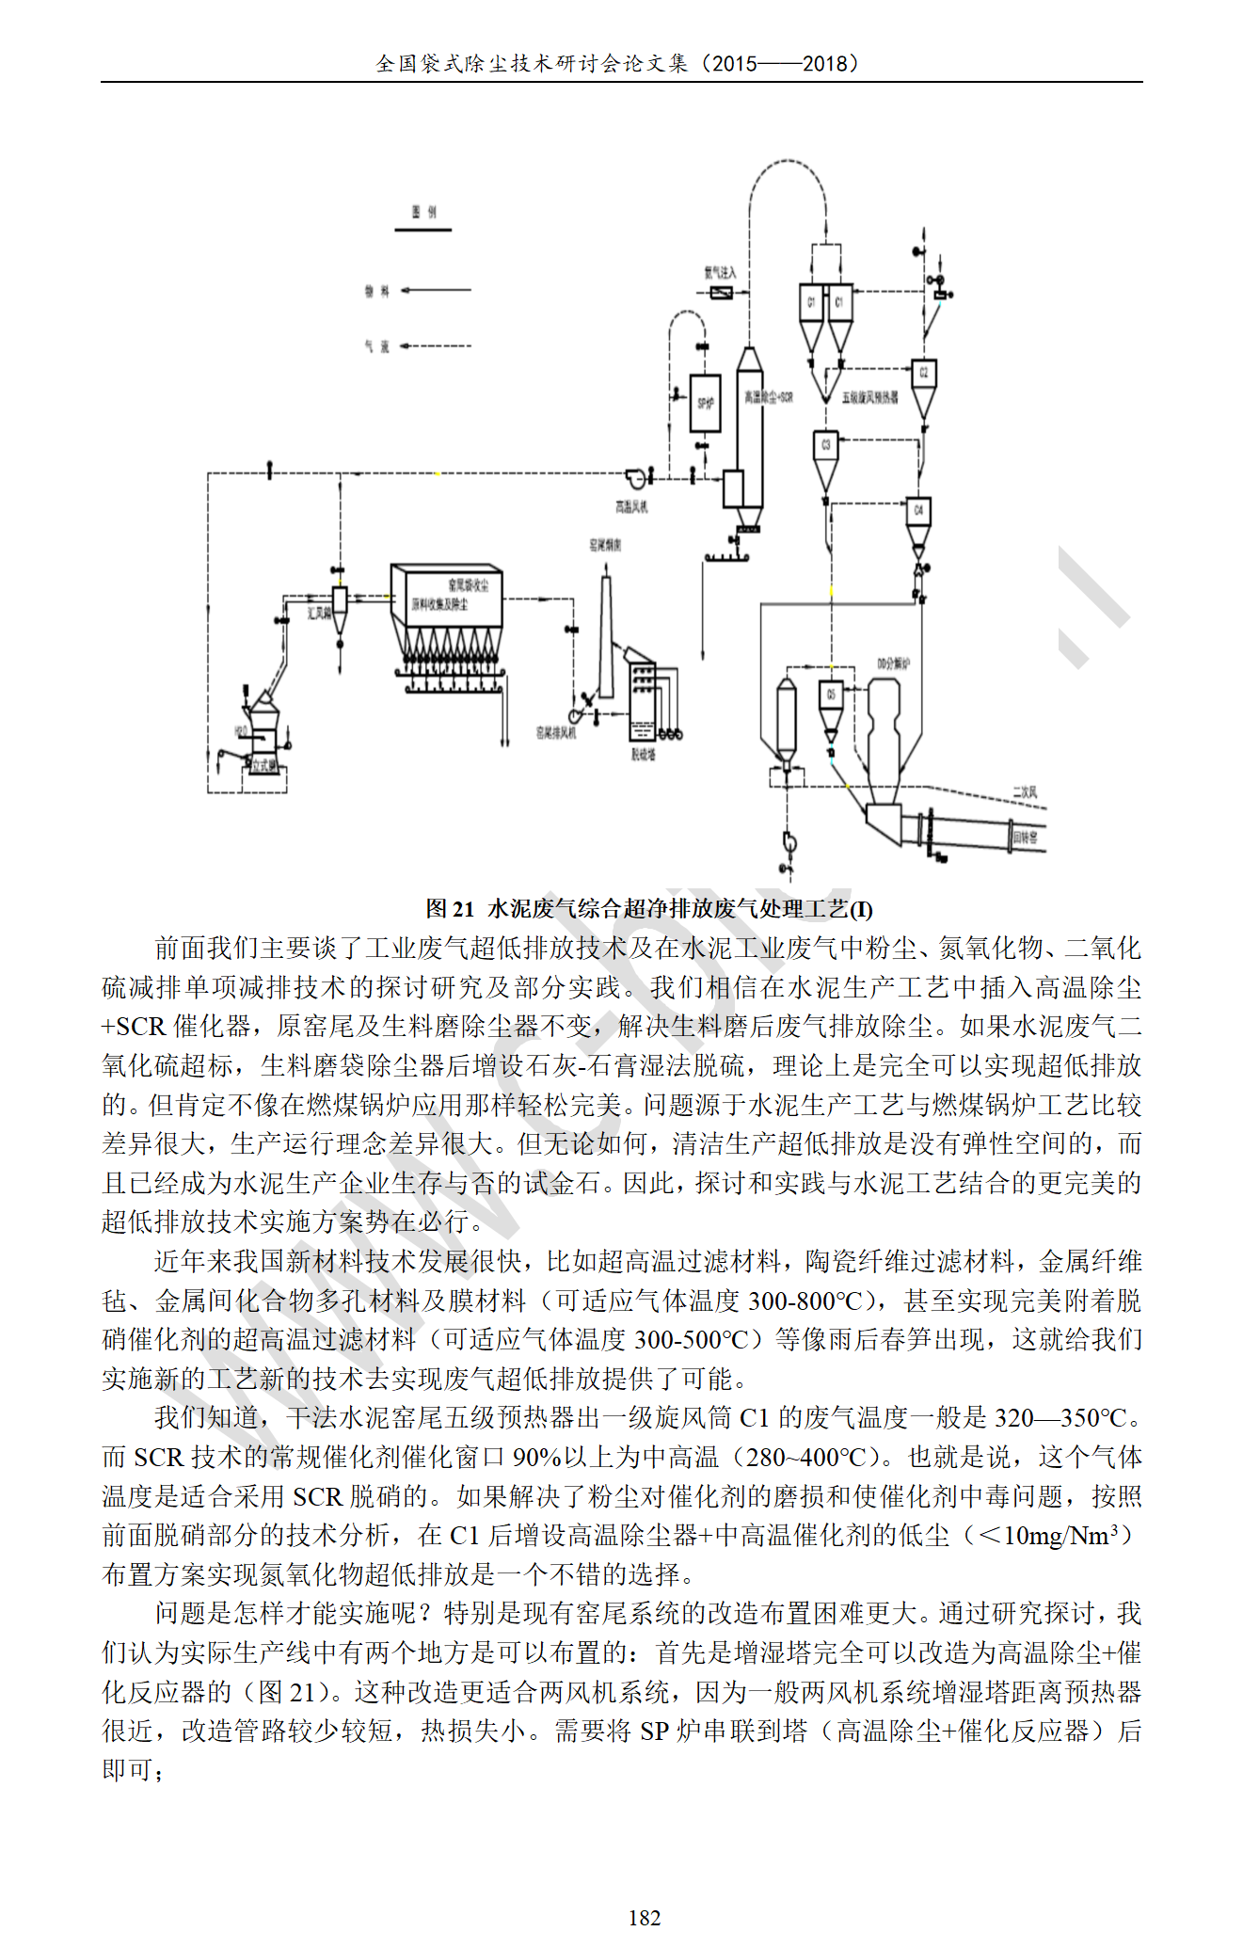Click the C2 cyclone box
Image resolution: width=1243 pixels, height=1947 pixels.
tap(923, 374)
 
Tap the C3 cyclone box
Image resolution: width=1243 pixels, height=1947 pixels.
tap(825, 444)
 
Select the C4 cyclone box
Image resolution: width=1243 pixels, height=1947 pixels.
tap(917, 511)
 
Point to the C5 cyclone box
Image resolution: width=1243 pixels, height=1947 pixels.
tap(830, 694)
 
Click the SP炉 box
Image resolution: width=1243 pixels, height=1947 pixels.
tap(705, 403)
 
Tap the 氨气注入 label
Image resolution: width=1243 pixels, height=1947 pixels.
tap(720, 273)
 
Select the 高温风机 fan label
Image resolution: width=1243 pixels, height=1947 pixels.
tap(631, 507)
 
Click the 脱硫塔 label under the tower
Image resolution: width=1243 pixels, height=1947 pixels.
tap(643, 754)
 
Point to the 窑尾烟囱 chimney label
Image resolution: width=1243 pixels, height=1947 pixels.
tap(605, 545)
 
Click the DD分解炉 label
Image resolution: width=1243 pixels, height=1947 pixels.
tap(893, 663)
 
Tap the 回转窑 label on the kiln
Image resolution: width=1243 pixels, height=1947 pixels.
tap(1025, 836)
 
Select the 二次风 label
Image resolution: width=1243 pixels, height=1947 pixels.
tap(1025, 792)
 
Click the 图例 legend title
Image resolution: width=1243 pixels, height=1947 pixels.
tap(423, 213)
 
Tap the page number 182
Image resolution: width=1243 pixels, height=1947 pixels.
tap(645, 1917)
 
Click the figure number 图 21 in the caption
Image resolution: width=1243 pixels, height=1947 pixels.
tap(450, 909)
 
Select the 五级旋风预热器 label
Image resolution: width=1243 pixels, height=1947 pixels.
tap(869, 398)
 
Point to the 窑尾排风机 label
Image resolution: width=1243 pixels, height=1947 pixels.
tap(555, 732)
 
